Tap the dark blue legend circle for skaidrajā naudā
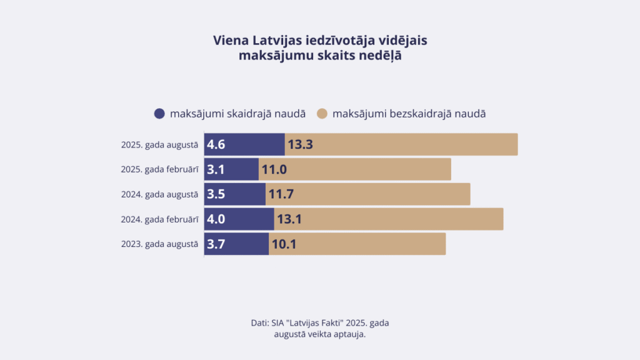tap(159, 114)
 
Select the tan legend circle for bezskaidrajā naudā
tap(322, 114)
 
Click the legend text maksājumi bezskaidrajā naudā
tap(409, 114)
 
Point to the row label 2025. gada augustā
tap(159, 145)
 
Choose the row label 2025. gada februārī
tap(159, 169)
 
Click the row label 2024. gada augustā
tap(159, 194)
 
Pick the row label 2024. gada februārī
tap(159, 219)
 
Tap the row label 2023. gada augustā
tap(159, 244)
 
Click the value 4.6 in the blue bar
tap(216, 145)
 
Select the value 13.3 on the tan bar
tap(300, 145)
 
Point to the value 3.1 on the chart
tap(216, 169)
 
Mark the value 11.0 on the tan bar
tap(274, 169)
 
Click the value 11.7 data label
tap(281, 194)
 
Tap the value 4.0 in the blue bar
tap(216, 219)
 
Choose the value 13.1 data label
tap(289, 219)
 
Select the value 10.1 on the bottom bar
tap(283, 244)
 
